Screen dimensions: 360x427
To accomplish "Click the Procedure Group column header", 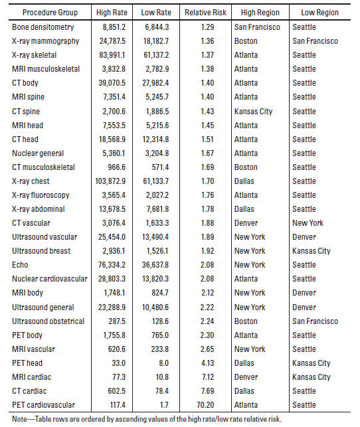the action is (45, 13).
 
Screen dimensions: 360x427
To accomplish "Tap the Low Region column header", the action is (317, 13).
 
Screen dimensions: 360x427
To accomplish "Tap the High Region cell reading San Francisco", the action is (258, 27).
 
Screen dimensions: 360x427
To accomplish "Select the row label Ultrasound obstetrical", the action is (48, 321).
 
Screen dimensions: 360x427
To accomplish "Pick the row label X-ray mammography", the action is (44, 41).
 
